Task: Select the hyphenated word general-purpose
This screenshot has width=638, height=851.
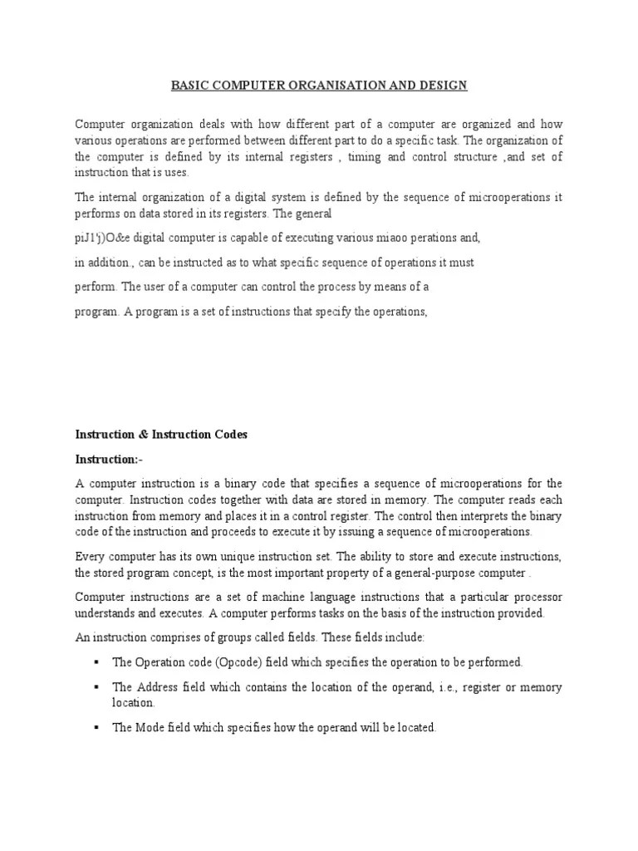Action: (470, 573)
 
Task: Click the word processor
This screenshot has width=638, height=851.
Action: (537, 598)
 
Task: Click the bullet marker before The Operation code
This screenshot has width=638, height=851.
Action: (97, 662)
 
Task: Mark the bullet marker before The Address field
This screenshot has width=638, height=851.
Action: (97, 687)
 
